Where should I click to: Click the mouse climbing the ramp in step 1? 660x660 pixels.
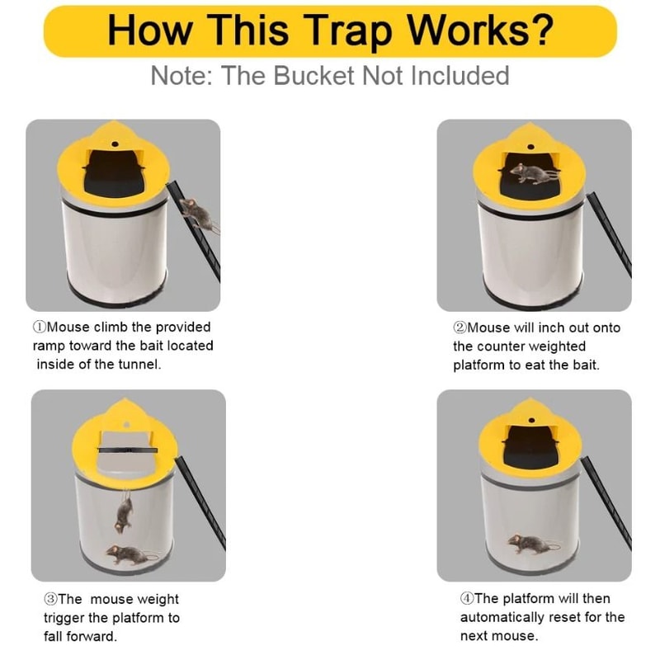tap(198, 214)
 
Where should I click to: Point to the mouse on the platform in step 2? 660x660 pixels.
tap(532, 174)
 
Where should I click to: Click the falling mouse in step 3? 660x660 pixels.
tap(125, 513)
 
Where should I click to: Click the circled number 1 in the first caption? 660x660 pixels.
tap(39, 328)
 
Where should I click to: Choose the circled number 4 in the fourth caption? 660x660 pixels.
tap(467, 599)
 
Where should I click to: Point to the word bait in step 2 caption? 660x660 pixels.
tap(584, 365)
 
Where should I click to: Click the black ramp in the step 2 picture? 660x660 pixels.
tap(610, 235)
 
